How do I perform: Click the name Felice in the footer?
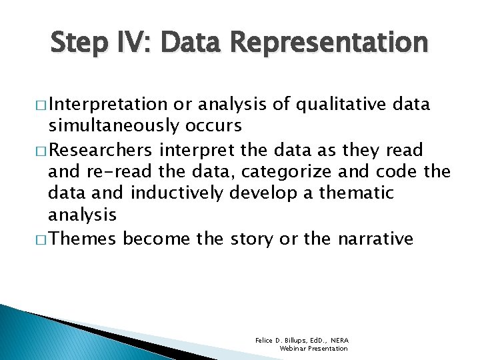click(x=264, y=340)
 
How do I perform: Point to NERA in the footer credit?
click(x=339, y=340)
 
